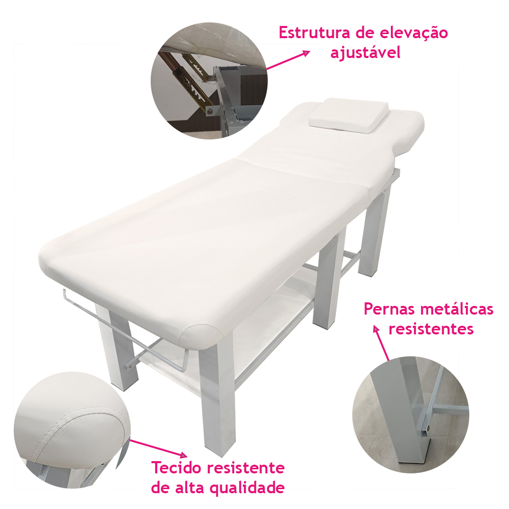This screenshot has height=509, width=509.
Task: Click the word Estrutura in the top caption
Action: (x=313, y=33)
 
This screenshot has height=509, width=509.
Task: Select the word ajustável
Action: (x=365, y=53)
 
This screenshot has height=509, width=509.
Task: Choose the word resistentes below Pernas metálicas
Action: (x=431, y=329)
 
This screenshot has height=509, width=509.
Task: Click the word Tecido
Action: (x=177, y=468)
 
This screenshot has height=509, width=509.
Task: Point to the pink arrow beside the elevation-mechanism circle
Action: (x=288, y=60)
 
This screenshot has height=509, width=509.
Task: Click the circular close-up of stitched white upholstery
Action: (x=72, y=430)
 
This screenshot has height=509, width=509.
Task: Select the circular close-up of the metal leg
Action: (x=411, y=414)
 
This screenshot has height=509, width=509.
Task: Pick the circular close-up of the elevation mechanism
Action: (x=209, y=80)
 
